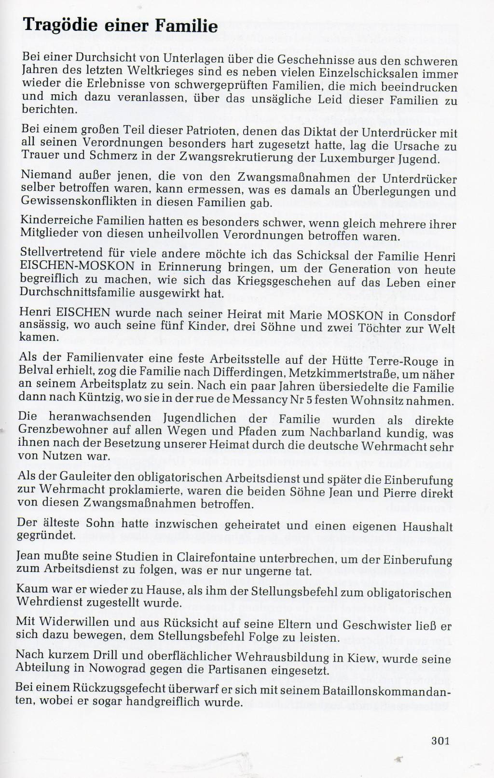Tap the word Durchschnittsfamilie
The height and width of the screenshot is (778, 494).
[x=78, y=293]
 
